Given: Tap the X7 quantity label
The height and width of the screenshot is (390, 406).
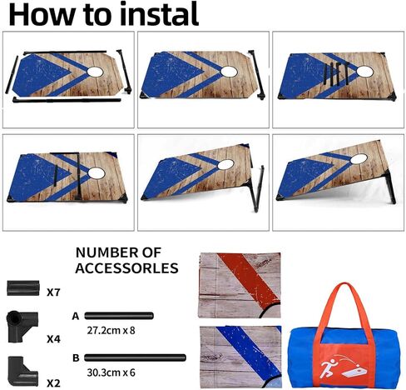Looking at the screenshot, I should point(53,292).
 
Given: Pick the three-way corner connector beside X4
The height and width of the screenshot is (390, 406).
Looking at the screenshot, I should point(22,326).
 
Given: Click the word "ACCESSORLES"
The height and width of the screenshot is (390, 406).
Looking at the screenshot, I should point(126,268).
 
